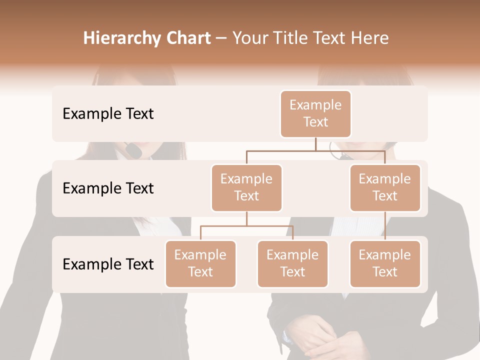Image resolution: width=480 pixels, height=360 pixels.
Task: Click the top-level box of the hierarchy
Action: [x=315, y=114]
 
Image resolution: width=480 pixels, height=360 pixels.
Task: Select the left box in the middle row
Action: [x=246, y=188]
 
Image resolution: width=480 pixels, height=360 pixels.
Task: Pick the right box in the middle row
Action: [x=385, y=188]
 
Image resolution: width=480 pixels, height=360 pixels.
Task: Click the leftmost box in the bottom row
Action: [x=200, y=264]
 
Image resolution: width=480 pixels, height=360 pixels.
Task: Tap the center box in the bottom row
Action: [x=292, y=264]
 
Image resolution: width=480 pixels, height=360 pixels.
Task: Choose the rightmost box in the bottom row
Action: [x=385, y=264]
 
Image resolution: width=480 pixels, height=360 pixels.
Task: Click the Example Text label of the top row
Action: [x=108, y=114]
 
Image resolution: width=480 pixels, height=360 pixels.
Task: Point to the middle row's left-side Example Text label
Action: [x=108, y=188]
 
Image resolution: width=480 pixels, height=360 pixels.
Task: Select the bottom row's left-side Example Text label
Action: [x=108, y=264]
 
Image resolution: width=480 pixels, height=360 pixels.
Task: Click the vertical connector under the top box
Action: [x=315, y=144]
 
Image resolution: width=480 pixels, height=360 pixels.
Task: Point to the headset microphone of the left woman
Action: [x=132, y=148]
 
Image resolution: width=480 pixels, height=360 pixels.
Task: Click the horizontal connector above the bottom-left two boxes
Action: [x=246, y=226]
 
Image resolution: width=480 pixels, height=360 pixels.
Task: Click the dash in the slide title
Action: [x=221, y=38]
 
